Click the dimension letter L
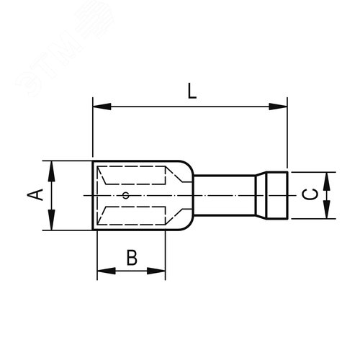click(191, 91)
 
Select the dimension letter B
click(132, 257)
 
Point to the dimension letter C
click(308, 194)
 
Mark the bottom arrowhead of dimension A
click(52, 222)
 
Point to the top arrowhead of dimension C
click(328, 180)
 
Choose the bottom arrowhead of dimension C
click(328, 210)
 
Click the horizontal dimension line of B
click(130, 271)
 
